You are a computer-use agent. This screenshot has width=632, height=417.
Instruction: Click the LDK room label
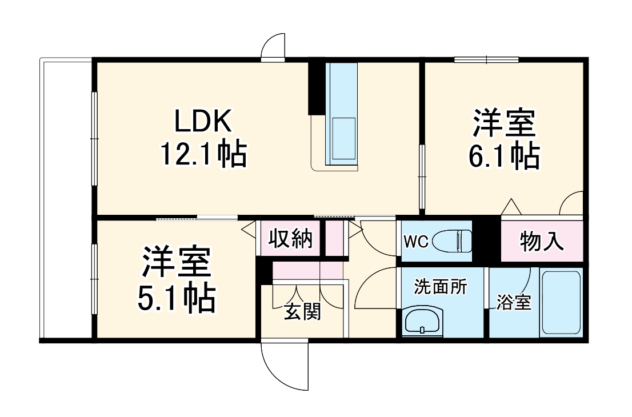(x=203, y=121)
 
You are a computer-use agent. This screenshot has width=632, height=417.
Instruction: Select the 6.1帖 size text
(x=503, y=155)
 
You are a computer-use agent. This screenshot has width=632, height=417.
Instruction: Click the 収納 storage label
(x=291, y=238)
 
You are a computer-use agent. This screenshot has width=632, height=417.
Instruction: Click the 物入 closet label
(x=542, y=241)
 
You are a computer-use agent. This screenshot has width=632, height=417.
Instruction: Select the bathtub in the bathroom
(x=561, y=303)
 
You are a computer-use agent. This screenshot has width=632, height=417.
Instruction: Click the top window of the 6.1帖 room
(x=486, y=59)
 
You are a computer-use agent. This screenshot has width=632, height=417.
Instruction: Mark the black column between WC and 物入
(x=486, y=240)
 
